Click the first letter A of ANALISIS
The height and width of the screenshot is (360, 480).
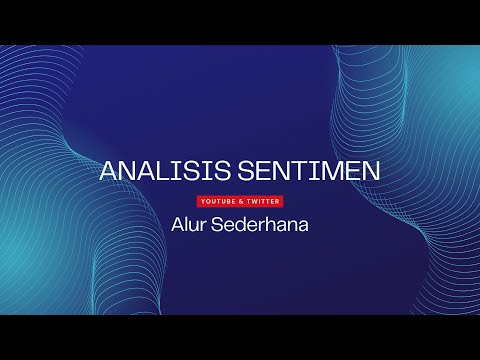coord(109,171)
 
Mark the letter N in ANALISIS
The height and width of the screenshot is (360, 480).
coord(128,171)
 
